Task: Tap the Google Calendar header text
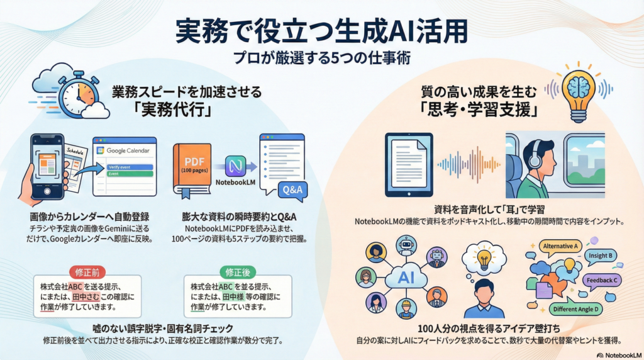point(125,151)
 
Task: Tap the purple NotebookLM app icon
point(235,166)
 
